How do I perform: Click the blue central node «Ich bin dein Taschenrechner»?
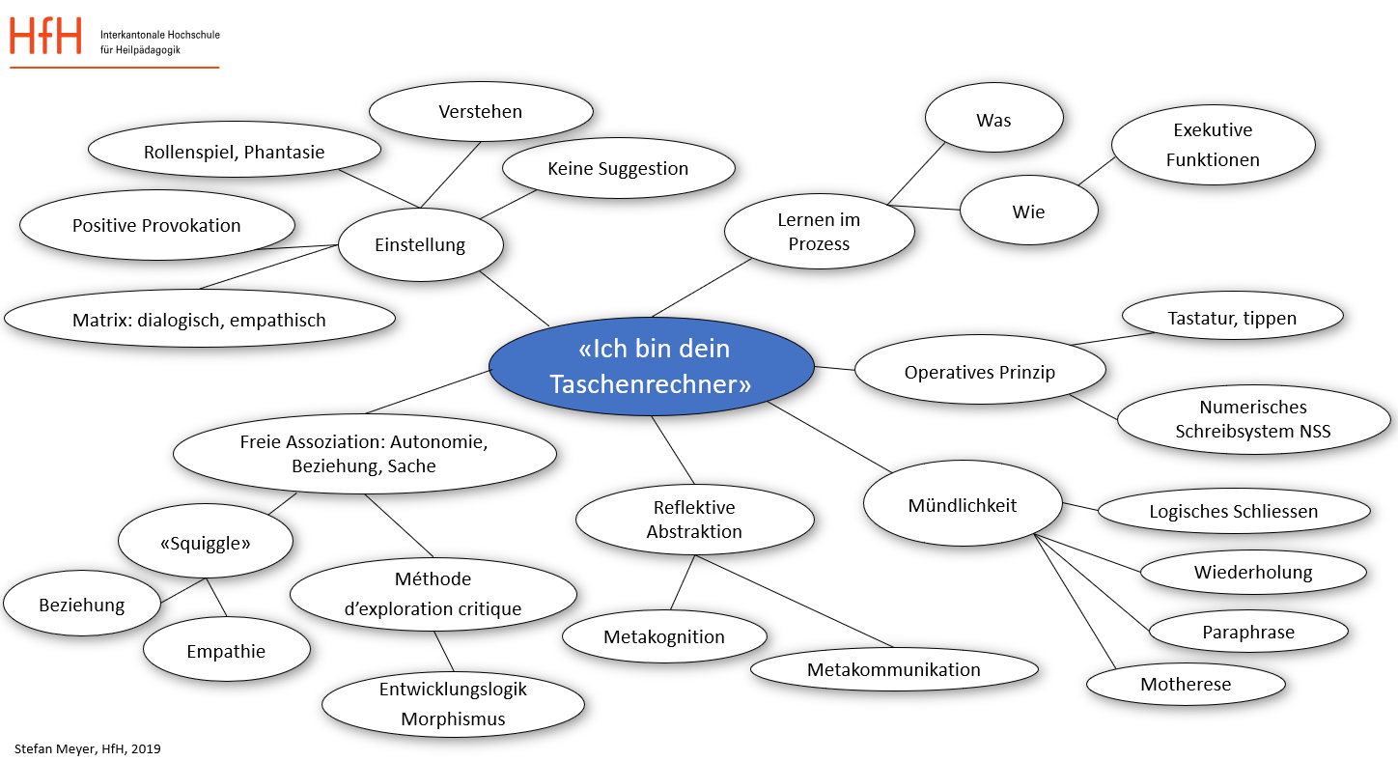[x=651, y=366]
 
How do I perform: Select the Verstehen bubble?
[x=480, y=112]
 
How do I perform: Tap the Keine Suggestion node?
[x=618, y=169]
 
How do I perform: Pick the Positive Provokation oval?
[x=156, y=226]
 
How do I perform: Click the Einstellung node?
[x=420, y=245]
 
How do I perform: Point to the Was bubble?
[x=993, y=121]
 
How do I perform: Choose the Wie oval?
[x=1028, y=211]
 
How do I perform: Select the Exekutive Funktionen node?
[x=1213, y=145]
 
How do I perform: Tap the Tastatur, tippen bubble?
[x=1232, y=318]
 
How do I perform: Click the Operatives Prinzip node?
[x=979, y=373]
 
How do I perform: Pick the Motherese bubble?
[x=1186, y=685]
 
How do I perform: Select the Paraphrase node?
[x=1247, y=633]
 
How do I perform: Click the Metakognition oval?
[x=664, y=637]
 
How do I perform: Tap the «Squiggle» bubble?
[x=205, y=543]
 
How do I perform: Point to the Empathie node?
[x=226, y=652]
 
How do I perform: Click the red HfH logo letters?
[x=46, y=37]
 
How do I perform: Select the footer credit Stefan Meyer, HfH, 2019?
[x=88, y=748]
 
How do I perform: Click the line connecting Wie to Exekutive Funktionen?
[x=1096, y=172]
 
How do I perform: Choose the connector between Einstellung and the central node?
[x=514, y=299]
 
